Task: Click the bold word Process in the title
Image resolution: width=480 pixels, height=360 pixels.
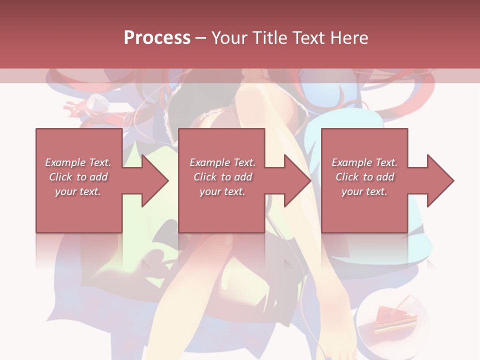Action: tap(157, 38)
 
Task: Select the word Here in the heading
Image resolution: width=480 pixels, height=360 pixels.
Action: tap(349, 38)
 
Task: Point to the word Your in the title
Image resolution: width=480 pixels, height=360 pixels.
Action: tap(231, 38)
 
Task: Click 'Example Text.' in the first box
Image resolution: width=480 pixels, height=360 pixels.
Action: tap(78, 162)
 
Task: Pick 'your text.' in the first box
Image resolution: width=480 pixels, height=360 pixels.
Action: tap(78, 191)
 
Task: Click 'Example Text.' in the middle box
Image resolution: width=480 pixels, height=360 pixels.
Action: tap(222, 162)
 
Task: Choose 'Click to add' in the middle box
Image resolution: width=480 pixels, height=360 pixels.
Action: tap(222, 177)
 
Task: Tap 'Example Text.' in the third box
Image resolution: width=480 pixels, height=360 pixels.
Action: tap(364, 162)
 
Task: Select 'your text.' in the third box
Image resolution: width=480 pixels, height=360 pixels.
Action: tap(364, 191)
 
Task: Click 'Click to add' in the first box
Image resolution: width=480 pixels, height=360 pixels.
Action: tap(78, 177)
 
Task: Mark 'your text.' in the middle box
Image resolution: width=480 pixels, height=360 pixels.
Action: tap(222, 191)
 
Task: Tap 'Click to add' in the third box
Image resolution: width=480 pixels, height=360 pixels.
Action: tap(364, 177)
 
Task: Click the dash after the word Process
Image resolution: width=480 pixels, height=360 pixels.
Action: tap(201, 38)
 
